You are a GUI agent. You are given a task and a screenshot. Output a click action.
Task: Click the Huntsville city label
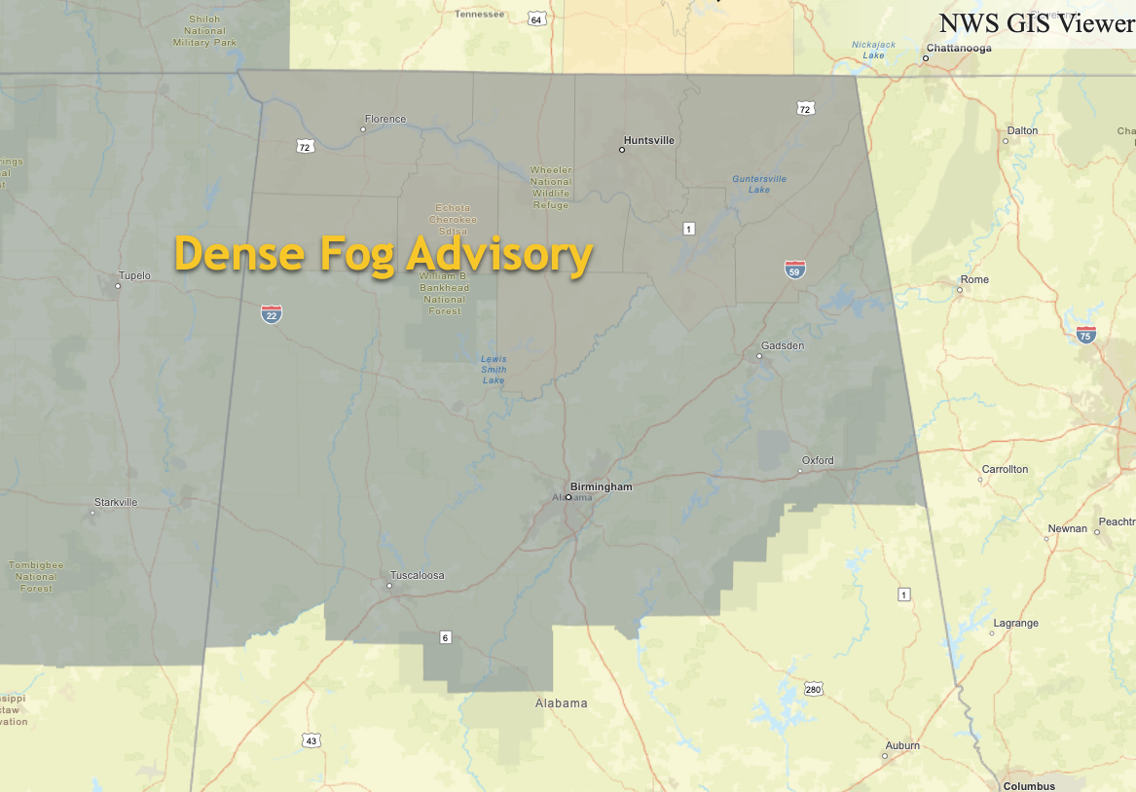tap(649, 140)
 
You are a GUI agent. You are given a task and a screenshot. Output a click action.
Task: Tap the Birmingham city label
tap(601, 486)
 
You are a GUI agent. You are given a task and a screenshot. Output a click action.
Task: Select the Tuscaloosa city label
tap(417, 575)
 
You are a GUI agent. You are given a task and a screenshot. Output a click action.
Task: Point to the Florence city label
tap(385, 120)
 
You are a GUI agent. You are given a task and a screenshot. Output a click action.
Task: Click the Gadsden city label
tap(783, 345)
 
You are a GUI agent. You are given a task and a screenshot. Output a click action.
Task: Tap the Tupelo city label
tap(134, 275)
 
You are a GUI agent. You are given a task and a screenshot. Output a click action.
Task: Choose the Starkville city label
tap(116, 502)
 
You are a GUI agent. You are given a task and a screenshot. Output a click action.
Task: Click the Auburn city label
tap(902, 746)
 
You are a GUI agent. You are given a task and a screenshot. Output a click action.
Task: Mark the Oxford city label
tap(818, 460)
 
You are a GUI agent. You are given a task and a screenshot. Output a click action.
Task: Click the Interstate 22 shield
tap(272, 313)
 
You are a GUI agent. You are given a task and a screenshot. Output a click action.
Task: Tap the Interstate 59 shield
tap(795, 270)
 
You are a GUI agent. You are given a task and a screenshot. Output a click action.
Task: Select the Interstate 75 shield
tap(1085, 335)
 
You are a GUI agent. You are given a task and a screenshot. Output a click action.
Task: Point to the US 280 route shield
tap(814, 690)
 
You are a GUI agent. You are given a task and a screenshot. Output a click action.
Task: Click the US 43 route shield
tap(311, 741)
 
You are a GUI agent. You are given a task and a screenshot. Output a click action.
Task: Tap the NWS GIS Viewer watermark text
tap(1036, 23)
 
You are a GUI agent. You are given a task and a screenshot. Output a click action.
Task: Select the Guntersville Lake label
tap(759, 184)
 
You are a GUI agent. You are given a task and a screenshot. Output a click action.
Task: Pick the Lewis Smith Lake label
tap(494, 369)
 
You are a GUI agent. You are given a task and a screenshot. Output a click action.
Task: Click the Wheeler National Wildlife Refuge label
tap(551, 187)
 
